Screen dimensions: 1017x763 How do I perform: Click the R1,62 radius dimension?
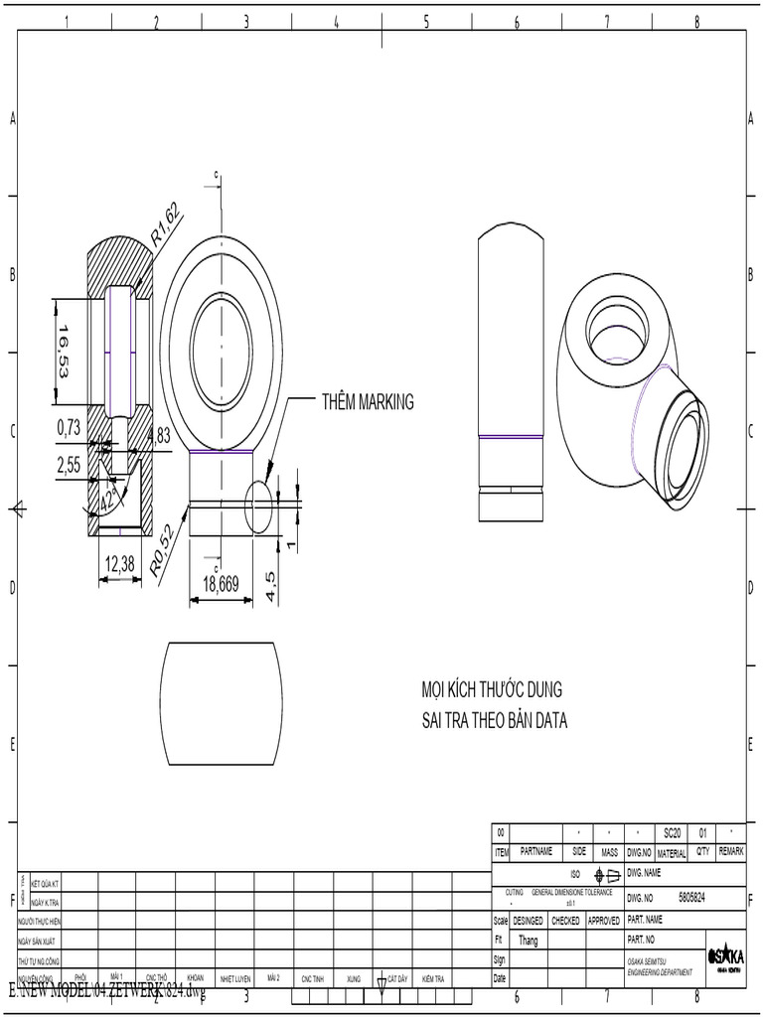pos(165,224)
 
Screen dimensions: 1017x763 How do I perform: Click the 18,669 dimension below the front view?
pos(221,584)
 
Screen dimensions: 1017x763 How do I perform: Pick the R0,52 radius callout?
pos(163,550)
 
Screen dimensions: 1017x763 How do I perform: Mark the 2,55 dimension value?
pos(69,463)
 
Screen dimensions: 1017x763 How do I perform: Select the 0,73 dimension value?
pos(69,427)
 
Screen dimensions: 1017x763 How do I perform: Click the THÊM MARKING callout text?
pos(367,402)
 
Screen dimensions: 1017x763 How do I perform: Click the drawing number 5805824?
pos(692,897)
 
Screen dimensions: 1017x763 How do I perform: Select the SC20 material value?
pos(672,832)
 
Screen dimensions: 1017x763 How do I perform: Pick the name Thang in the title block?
pos(529,940)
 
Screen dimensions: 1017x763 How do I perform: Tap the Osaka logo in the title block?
pos(725,957)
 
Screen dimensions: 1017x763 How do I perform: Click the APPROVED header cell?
pos(603,921)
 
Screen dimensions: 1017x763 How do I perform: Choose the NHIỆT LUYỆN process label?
pos(235,978)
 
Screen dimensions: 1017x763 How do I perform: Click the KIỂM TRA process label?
pos(432,978)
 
